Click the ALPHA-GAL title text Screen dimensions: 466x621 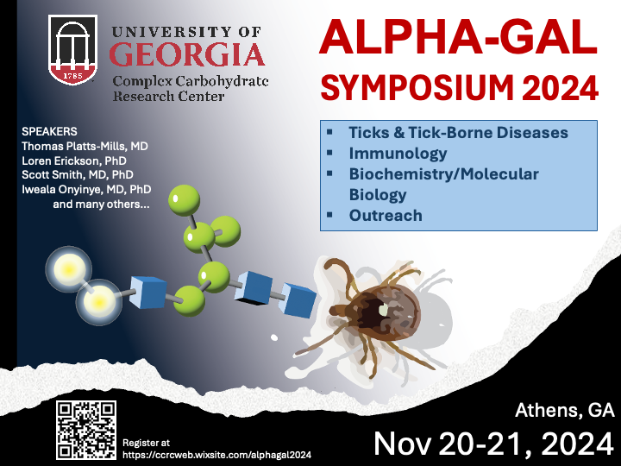(x=458, y=38)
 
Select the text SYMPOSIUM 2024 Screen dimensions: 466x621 (x=458, y=86)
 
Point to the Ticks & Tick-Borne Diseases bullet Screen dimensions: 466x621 (x=458, y=133)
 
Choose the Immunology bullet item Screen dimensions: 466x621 (x=398, y=154)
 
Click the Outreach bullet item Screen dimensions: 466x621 (x=386, y=216)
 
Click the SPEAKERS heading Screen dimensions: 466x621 (x=49, y=131)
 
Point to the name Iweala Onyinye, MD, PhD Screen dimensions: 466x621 (x=86, y=190)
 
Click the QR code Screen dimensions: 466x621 (x=86, y=430)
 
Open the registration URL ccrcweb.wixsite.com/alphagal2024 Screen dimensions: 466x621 (x=216, y=454)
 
